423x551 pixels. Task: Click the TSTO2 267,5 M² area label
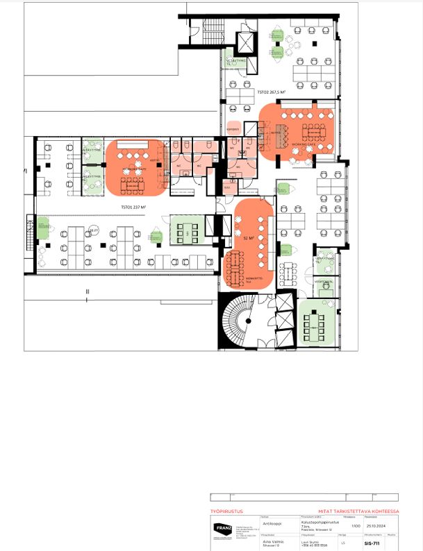[272, 92]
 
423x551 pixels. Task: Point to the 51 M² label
[247, 237]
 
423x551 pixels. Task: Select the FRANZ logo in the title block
[220, 532]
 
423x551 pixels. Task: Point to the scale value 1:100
[356, 527]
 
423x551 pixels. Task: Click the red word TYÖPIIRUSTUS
[226, 511]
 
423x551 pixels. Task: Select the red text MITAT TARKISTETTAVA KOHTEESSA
[358, 511]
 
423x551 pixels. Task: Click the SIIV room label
[226, 188]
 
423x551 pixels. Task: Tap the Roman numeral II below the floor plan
[88, 292]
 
